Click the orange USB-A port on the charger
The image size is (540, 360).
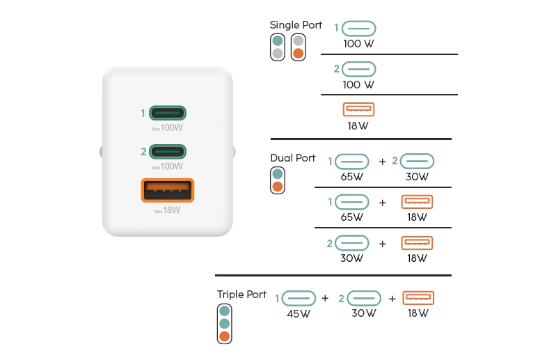coord(168,190)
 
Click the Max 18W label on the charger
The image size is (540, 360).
coord(168,210)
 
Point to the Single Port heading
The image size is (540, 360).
coord(296,25)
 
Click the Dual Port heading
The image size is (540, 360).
coord(293,158)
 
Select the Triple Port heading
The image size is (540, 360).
coord(241,295)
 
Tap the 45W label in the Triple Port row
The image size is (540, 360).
coord(299,313)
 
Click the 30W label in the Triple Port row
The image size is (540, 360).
coord(363,313)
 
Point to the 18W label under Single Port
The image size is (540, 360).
coord(358,126)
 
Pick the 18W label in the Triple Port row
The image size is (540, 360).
coord(418,313)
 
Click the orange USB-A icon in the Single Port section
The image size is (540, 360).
coord(359,109)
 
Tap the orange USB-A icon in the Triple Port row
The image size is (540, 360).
coord(418,298)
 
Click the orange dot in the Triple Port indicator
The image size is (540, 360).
coord(224,337)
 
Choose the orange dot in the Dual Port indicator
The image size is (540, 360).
coord(278,187)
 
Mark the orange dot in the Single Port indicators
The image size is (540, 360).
coord(298,53)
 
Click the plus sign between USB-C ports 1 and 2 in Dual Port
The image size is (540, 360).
coord(382,162)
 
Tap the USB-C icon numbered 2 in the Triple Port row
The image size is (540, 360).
coord(365,298)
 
